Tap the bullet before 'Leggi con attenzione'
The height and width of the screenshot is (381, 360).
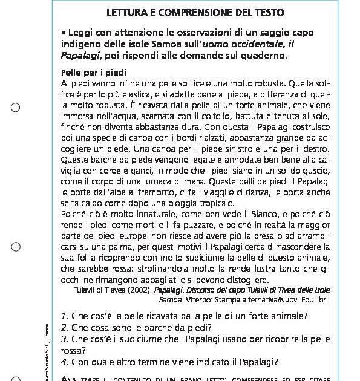pyautogui.click(x=64, y=33)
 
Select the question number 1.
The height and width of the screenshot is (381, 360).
pyautogui.click(x=64, y=316)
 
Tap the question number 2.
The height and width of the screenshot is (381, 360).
pyautogui.click(x=64, y=327)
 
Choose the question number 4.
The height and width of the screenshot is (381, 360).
pyautogui.click(x=64, y=362)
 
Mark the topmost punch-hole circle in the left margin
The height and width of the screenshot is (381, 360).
pyautogui.click(x=16, y=108)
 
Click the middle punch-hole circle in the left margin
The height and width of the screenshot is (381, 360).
pyautogui.click(x=16, y=247)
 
